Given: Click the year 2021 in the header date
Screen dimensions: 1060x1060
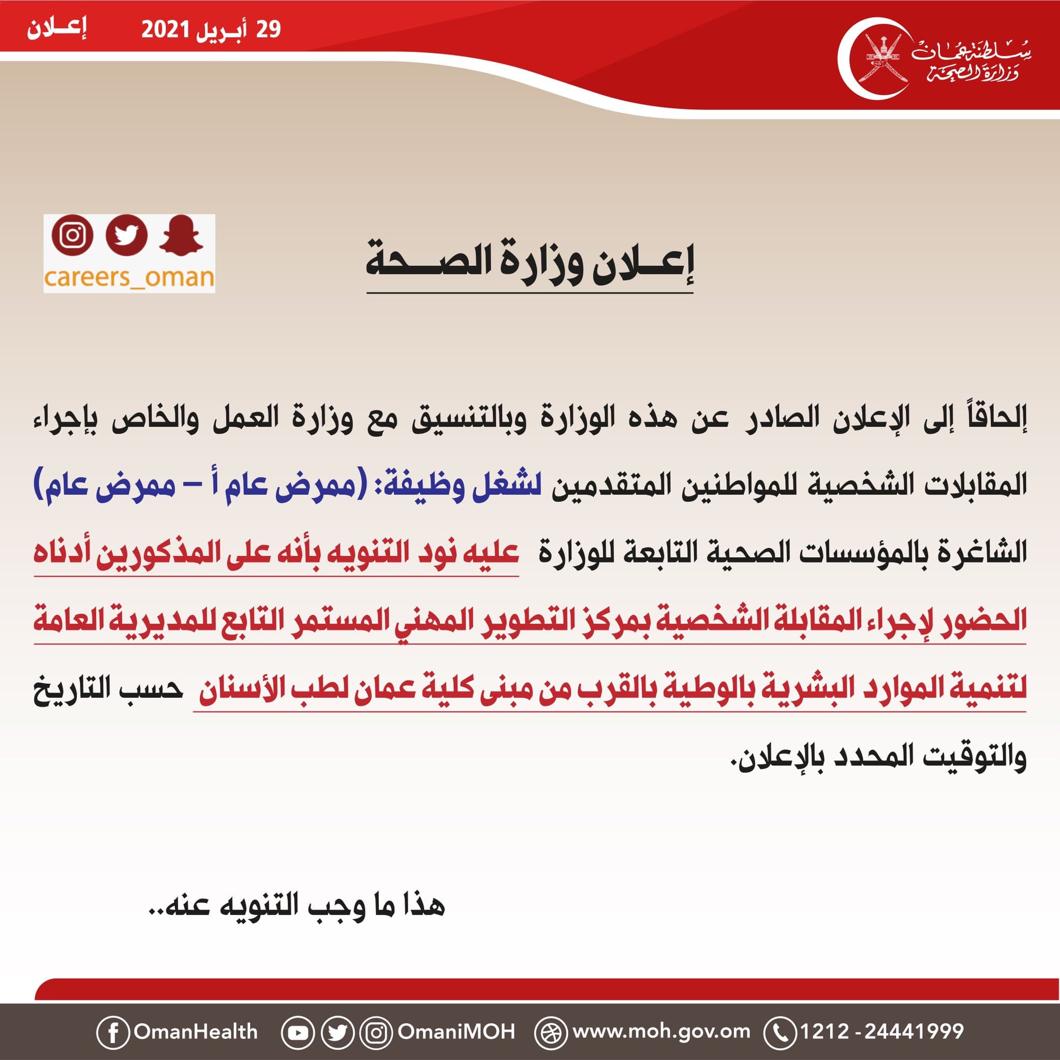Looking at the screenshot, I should (x=165, y=29).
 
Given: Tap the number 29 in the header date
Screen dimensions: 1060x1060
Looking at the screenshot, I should (x=268, y=29).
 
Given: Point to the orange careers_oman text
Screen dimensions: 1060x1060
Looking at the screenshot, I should (x=129, y=277).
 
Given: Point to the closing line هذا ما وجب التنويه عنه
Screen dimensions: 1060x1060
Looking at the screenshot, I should (x=296, y=906).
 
